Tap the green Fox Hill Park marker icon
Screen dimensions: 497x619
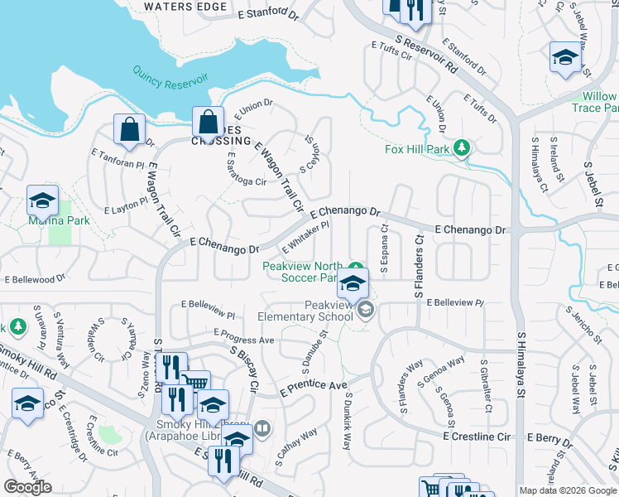pyautogui.click(x=463, y=149)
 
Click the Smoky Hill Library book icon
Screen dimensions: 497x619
pyautogui.click(x=262, y=428)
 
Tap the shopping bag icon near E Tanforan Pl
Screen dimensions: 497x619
pyautogui.click(x=129, y=129)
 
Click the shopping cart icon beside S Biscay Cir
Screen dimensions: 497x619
pyautogui.click(x=195, y=382)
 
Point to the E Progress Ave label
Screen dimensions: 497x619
pyautogui.click(x=243, y=340)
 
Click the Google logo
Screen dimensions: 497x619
pyautogui.click(x=28, y=486)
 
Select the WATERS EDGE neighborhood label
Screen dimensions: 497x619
pyautogui.click(x=185, y=7)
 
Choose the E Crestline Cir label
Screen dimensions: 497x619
pyautogui.click(x=478, y=436)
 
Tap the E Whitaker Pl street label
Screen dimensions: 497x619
pyautogui.click(x=306, y=237)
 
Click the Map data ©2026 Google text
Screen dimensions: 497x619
pyautogui.click(x=567, y=490)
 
